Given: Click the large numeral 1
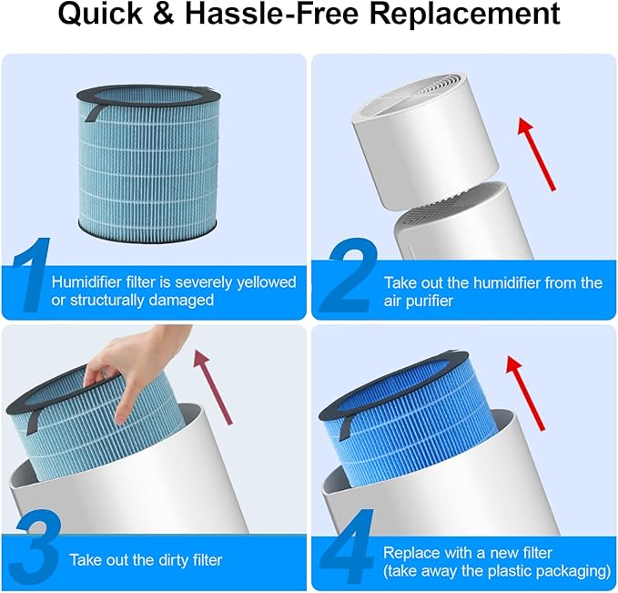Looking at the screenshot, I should pos(26,278).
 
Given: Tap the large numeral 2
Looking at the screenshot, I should pos(344,278).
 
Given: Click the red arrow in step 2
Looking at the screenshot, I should pos(536,151).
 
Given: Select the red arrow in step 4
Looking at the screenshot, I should pos(526,393).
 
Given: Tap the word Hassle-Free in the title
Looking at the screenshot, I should pos(276,15).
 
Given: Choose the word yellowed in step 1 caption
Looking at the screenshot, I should pos(265,282).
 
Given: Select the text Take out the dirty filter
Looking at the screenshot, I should pos(146,559).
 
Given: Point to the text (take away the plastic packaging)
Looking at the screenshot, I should pos(496,570).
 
